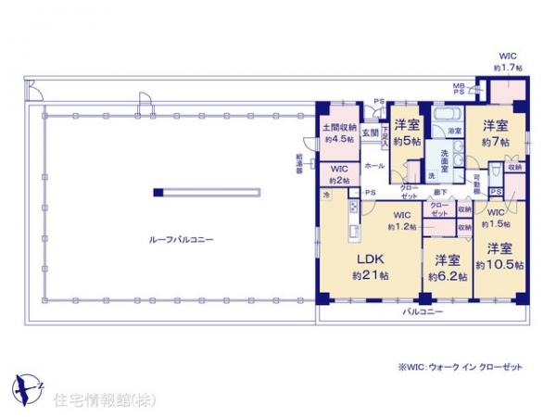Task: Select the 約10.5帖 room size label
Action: [499, 265]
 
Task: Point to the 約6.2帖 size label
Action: [445, 275]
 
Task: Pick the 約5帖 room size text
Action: [408, 142]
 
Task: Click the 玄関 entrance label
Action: [369, 133]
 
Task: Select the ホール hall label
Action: [374, 165]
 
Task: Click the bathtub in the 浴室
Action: [446, 117]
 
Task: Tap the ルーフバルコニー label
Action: [181, 239]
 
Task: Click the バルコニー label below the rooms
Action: [422, 311]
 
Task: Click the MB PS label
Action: [459, 89]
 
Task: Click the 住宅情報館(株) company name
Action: [91, 400]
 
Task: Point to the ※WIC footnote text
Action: [460, 367]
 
